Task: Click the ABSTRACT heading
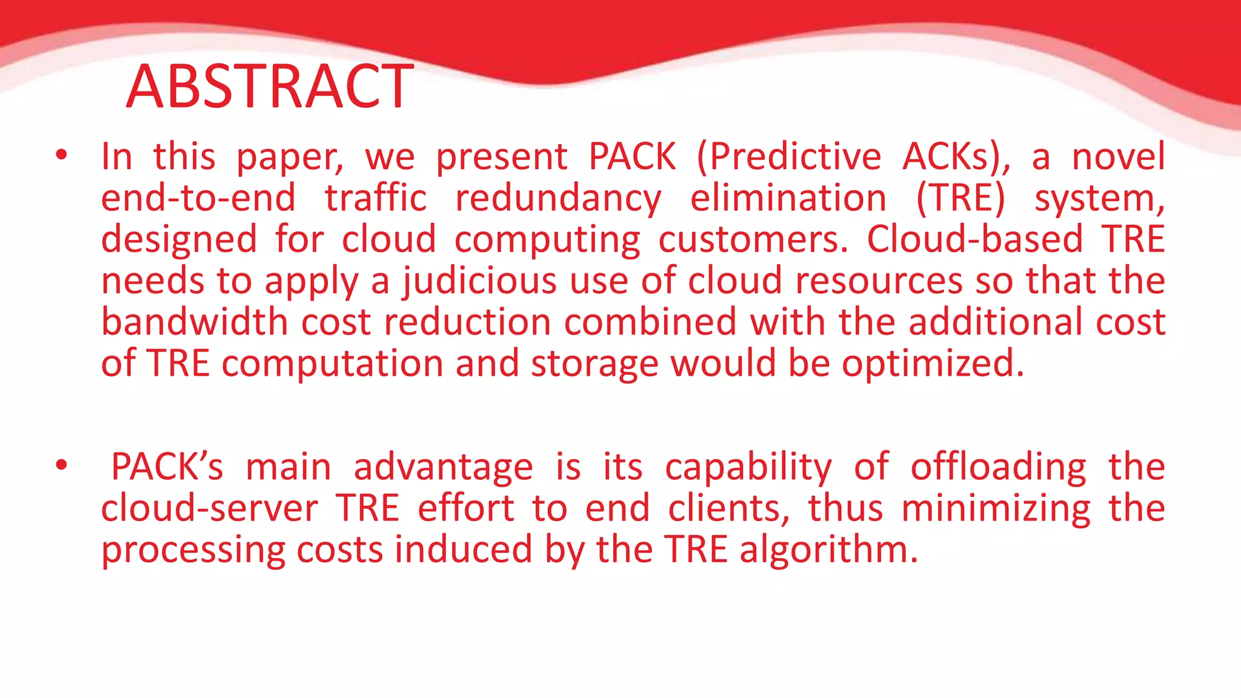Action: tap(270, 87)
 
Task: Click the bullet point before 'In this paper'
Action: tap(61, 156)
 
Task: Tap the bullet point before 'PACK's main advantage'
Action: tap(61, 466)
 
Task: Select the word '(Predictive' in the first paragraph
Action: tap(789, 157)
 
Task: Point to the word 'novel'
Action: tap(1118, 156)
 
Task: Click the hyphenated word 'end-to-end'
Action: tap(198, 198)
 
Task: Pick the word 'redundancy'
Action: tap(558, 199)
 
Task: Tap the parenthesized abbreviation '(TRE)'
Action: tap(960, 198)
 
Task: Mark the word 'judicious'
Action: tap(479, 281)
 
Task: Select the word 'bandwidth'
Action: tap(194, 322)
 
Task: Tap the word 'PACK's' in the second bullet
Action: tap(167, 467)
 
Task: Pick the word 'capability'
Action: tap(748, 468)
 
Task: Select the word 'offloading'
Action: tap(999, 468)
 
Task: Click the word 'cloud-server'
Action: tap(209, 508)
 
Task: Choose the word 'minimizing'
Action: tap(996, 509)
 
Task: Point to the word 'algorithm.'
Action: tap(828, 550)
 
